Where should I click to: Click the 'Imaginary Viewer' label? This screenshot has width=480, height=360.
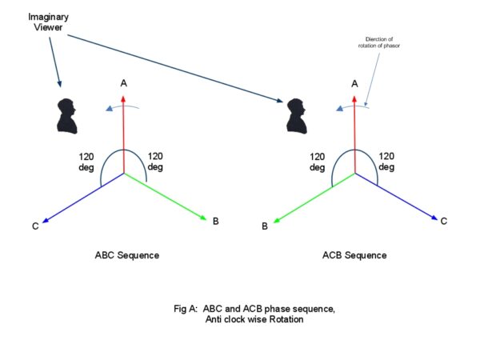32,22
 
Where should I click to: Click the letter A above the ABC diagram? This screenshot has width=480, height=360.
123,82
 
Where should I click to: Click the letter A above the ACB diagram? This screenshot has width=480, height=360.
354,82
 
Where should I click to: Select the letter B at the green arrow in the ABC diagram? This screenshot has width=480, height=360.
215,220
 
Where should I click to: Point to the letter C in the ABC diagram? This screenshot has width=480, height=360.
35,226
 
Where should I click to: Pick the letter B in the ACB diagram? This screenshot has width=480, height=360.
265,227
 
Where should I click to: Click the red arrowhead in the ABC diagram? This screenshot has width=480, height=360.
123,97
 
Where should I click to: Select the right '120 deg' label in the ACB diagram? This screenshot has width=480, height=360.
386,162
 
